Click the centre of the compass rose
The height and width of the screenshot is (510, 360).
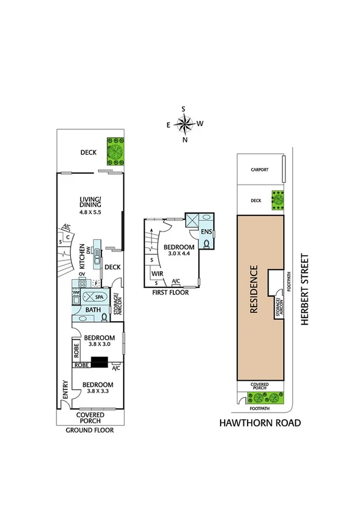coord(185,124)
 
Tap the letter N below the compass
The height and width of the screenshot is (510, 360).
coord(185,140)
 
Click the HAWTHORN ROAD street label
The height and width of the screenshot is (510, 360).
coord(259,423)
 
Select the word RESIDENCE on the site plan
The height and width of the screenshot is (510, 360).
coord(254,289)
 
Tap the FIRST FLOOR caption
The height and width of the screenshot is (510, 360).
coord(170,293)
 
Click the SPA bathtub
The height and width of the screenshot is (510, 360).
coord(94,297)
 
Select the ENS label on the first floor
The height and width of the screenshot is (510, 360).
coord(206,232)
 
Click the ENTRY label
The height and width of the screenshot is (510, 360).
coord(64,392)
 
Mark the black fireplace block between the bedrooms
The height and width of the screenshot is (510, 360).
coord(99,361)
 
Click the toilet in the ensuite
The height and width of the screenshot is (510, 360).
coord(206,244)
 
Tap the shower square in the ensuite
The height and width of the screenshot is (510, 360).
coord(193,221)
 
